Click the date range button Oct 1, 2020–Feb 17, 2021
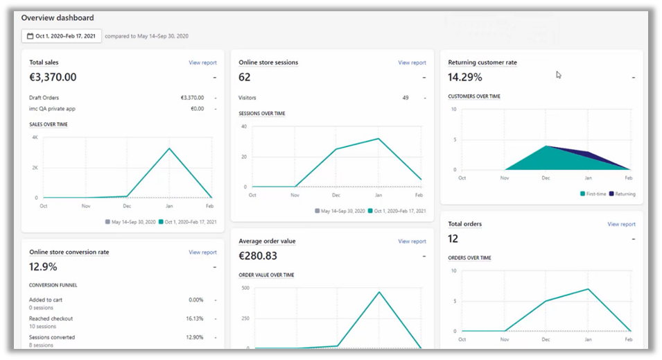(62, 36)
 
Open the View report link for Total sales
(202, 62)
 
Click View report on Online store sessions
(412, 62)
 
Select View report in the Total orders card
(621, 224)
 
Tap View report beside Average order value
(412, 241)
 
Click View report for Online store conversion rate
(202, 252)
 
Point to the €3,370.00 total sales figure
(53, 77)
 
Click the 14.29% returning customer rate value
(464, 77)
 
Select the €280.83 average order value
(258, 256)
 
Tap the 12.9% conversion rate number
(43, 266)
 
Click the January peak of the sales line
(169, 148)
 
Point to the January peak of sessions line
(378, 139)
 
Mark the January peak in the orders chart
(588, 289)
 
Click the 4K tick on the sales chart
(35, 137)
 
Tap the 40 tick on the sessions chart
(243, 126)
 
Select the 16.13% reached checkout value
(195, 319)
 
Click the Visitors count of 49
(406, 98)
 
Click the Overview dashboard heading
(58, 17)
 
